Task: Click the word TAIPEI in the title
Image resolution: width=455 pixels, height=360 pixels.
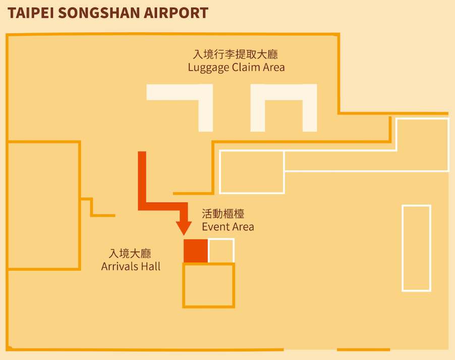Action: (x=30, y=13)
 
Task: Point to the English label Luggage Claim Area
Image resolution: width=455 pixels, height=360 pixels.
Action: (x=236, y=67)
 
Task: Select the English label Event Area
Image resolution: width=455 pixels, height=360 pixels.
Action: (x=228, y=227)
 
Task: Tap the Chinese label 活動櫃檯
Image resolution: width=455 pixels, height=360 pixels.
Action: (x=223, y=214)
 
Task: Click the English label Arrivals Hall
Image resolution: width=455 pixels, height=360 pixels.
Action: (x=131, y=266)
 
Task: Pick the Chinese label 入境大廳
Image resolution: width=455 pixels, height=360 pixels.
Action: (x=130, y=253)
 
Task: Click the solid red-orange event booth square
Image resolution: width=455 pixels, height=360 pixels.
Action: (x=195, y=251)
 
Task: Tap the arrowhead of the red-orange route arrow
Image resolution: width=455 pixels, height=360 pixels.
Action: (x=185, y=227)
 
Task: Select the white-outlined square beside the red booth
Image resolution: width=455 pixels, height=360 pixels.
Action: (x=221, y=251)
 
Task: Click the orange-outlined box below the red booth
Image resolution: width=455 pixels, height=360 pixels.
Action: (x=208, y=285)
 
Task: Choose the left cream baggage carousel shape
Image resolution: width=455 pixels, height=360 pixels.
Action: (x=204, y=109)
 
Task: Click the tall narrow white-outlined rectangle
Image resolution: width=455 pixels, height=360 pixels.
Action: (x=416, y=248)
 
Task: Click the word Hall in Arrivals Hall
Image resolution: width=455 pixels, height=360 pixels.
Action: (x=150, y=266)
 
